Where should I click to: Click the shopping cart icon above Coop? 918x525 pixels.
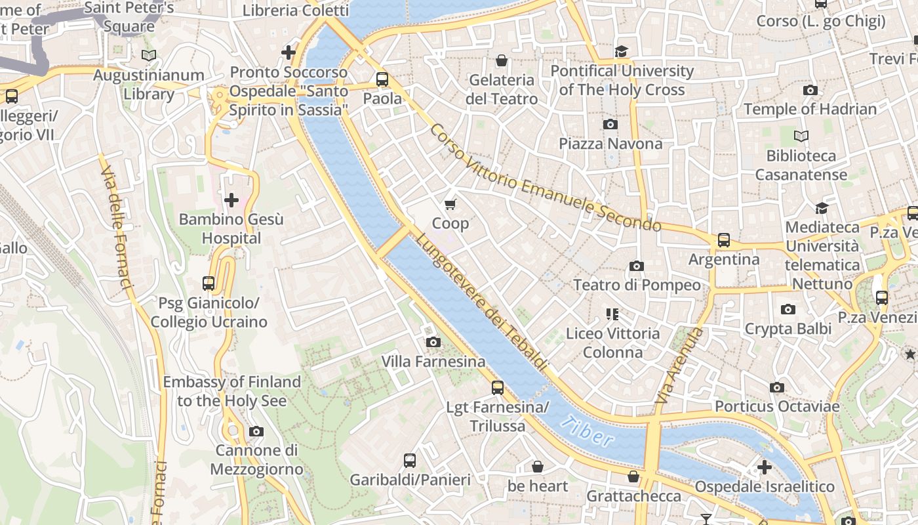pyautogui.click(x=450, y=205)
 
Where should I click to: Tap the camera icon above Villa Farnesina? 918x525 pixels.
pyautogui.click(x=433, y=342)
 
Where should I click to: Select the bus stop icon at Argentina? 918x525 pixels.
pyautogui.click(x=723, y=240)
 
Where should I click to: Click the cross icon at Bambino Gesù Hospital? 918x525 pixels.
pyautogui.click(x=231, y=199)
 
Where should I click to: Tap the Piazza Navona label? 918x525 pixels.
pyautogui.click(x=610, y=143)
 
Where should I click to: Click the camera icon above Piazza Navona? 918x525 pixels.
pyautogui.click(x=610, y=124)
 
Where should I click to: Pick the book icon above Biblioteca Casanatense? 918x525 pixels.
pyautogui.click(x=801, y=136)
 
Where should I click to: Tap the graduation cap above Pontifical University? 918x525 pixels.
pyautogui.click(x=621, y=51)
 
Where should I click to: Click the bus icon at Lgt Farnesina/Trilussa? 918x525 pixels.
pyautogui.click(x=498, y=388)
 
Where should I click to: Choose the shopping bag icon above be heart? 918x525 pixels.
pyautogui.click(x=537, y=467)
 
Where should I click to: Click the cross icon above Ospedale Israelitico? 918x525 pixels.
pyautogui.click(x=764, y=467)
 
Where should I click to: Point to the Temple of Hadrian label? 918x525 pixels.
pyautogui.click(x=810, y=109)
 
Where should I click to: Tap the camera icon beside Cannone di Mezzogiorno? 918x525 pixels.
pyautogui.click(x=256, y=431)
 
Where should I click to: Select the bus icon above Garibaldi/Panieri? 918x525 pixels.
pyautogui.click(x=410, y=460)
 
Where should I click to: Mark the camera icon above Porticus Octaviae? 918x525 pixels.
pyautogui.click(x=777, y=387)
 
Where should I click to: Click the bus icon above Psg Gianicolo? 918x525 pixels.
pyautogui.click(x=209, y=283)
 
